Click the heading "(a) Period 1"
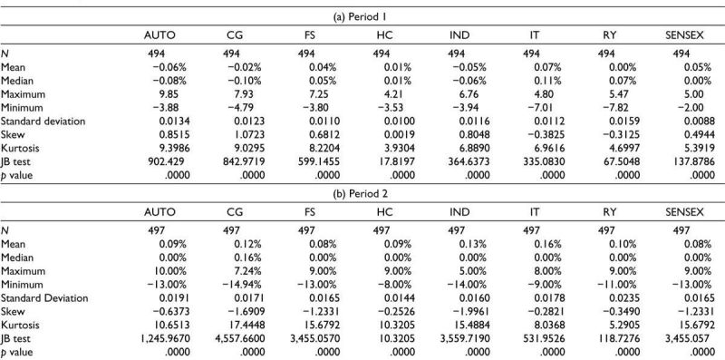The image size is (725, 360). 362,17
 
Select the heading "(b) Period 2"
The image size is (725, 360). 362,194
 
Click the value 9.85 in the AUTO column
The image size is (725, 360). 175,94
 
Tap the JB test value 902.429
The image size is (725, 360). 169,162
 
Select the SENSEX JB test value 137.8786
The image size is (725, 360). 691,162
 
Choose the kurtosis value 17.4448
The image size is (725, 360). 245,325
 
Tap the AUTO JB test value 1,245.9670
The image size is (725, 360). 165,338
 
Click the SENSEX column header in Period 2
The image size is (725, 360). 685,212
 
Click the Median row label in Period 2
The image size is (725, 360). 17,258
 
